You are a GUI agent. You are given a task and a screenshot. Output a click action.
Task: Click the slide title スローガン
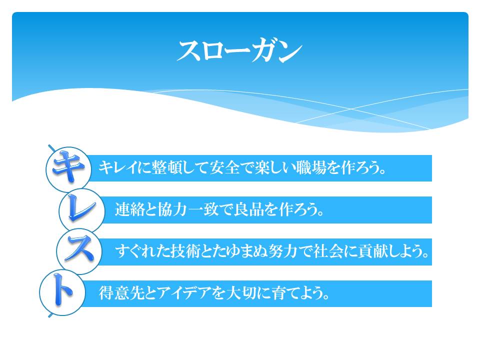[x=239, y=51]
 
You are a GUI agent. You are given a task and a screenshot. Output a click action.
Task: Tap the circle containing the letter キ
[x=68, y=169]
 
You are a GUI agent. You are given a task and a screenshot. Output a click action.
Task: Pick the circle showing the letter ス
[x=79, y=251]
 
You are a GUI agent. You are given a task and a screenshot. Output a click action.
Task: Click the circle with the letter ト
[x=62, y=292]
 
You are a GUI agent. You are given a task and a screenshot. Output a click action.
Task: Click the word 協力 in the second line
[x=172, y=209]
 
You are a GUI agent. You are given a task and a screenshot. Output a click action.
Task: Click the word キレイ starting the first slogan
[x=117, y=167]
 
